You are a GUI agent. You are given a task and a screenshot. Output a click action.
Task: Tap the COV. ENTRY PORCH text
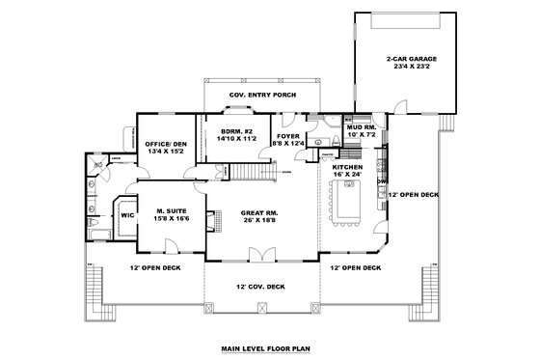[x=262, y=96]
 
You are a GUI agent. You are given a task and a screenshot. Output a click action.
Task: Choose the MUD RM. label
[x=361, y=126]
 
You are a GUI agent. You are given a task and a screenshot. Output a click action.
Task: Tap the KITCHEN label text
[x=348, y=167]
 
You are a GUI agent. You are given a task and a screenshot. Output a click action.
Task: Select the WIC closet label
[x=126, y=215]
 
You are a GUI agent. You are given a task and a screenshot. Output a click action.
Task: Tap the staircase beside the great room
[x=252, y=174]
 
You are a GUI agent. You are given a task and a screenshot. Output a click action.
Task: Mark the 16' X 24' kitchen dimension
[x=348, y=176]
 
